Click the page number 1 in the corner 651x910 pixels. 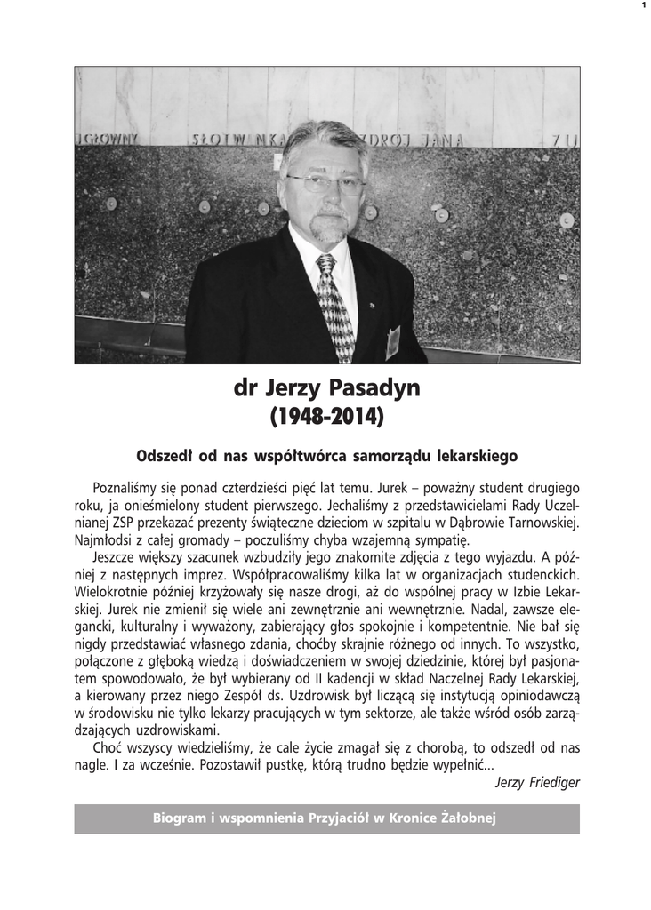642,6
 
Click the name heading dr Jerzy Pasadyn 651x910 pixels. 326,389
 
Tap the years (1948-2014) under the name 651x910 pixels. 326,416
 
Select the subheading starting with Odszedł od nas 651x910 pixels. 326,456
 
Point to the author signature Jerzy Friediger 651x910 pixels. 537,782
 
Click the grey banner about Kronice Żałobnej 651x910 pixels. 326,818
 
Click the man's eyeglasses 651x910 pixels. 325,184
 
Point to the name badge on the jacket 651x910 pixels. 392,341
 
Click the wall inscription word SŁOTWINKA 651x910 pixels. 228,139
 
